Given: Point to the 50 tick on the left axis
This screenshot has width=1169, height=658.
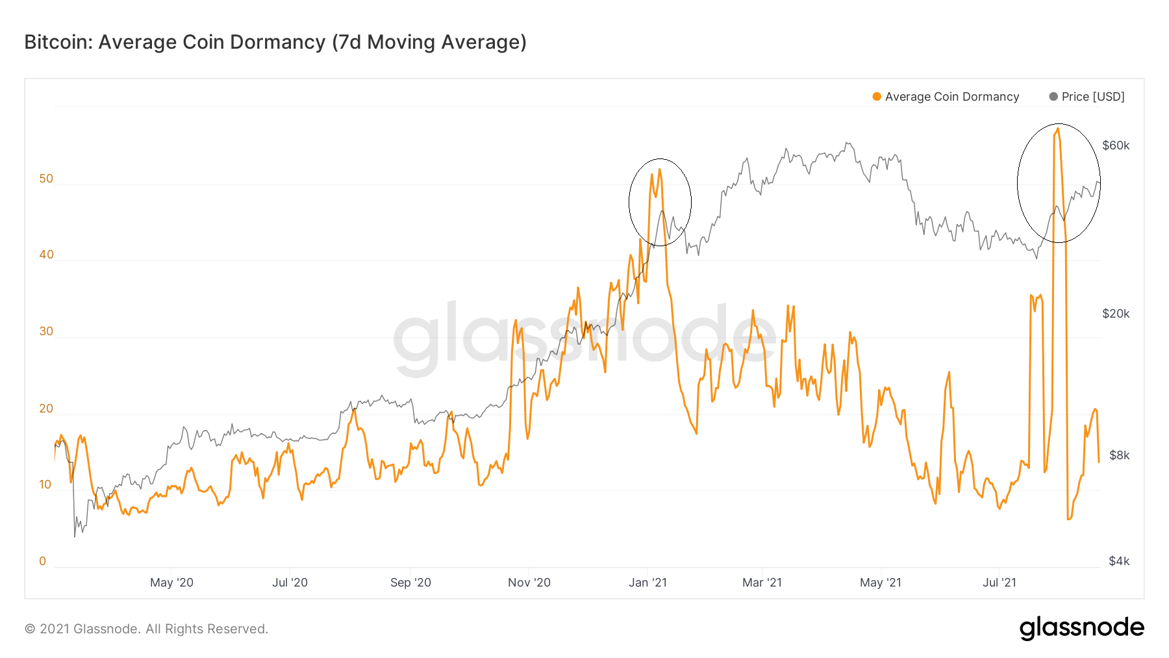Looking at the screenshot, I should [46, 179].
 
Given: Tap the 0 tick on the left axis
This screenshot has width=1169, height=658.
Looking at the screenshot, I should [43, 561].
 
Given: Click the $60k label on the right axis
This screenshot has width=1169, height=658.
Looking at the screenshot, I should [1116, 146].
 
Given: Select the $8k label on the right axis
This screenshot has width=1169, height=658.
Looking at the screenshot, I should [1119, 455].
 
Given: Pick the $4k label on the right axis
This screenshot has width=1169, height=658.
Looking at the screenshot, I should [1119, 561].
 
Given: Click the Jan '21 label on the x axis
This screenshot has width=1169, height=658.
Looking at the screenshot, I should [647, 583].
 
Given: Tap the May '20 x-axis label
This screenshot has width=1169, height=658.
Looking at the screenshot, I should [171, 583].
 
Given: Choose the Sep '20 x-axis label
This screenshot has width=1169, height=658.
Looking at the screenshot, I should [410, 583].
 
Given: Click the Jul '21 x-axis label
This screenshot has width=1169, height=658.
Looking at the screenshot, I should [999, 583].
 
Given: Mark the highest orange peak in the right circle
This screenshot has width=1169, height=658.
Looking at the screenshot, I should [1058, 129].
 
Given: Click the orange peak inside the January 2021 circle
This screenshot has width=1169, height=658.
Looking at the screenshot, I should [659, 170].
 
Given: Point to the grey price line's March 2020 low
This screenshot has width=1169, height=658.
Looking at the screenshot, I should [75, 537].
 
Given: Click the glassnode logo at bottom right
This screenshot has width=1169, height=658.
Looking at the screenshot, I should [1081, 628].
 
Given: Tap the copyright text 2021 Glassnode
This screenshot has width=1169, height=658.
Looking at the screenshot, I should [146, 629].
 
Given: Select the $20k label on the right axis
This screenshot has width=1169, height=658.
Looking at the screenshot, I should [1116, 314].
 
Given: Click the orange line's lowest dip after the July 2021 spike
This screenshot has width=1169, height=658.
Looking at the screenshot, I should [1068, 519].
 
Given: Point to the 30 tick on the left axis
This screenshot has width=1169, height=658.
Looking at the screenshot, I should [46, 331].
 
